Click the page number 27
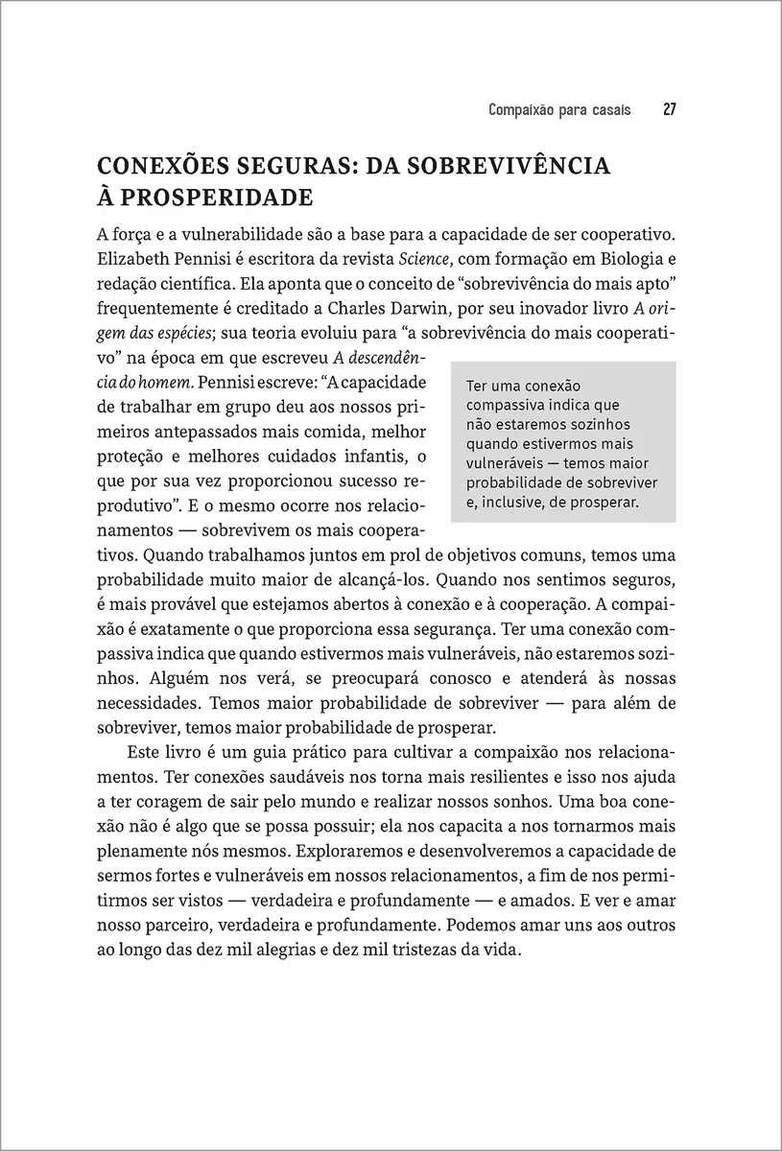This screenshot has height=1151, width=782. (670, 109)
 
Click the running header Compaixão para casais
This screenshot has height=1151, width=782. (559, 109)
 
